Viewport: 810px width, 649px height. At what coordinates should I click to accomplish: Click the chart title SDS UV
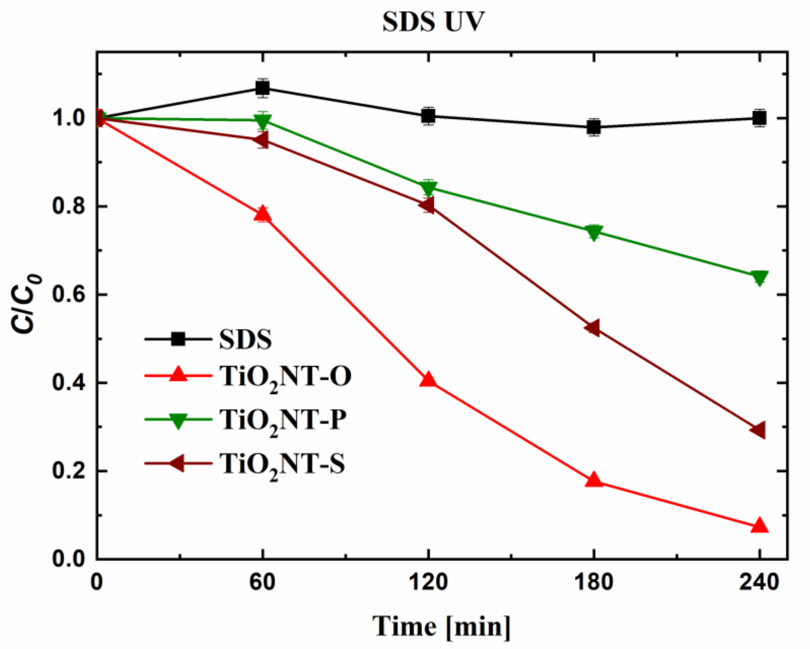pyautogui.click(x=433, y=22)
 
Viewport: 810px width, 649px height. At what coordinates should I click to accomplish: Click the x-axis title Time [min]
pyautogui.click(x=442, y=626)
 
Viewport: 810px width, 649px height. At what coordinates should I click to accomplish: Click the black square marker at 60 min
pyautogui.click(x=263, y=88)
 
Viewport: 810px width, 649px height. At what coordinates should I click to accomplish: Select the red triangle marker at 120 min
pyautogui.click(x=428, y=380)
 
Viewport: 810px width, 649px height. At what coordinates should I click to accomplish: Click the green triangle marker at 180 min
pyautogui.click(x=594, y=233)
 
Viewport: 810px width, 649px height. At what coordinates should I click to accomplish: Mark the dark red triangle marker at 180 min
pyautogui.click(x=593, y=328)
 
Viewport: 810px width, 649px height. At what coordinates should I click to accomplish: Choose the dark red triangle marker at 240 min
pyautogui.click(x=758, y=430)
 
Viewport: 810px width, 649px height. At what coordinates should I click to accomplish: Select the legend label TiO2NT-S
pyautogui.click(x=283, y=464)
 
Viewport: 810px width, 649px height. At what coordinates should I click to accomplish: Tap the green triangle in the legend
pyautogui.click(x=178, y=420)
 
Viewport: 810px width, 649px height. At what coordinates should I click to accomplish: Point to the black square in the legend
pyautogui.click(x=178, y=339)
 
